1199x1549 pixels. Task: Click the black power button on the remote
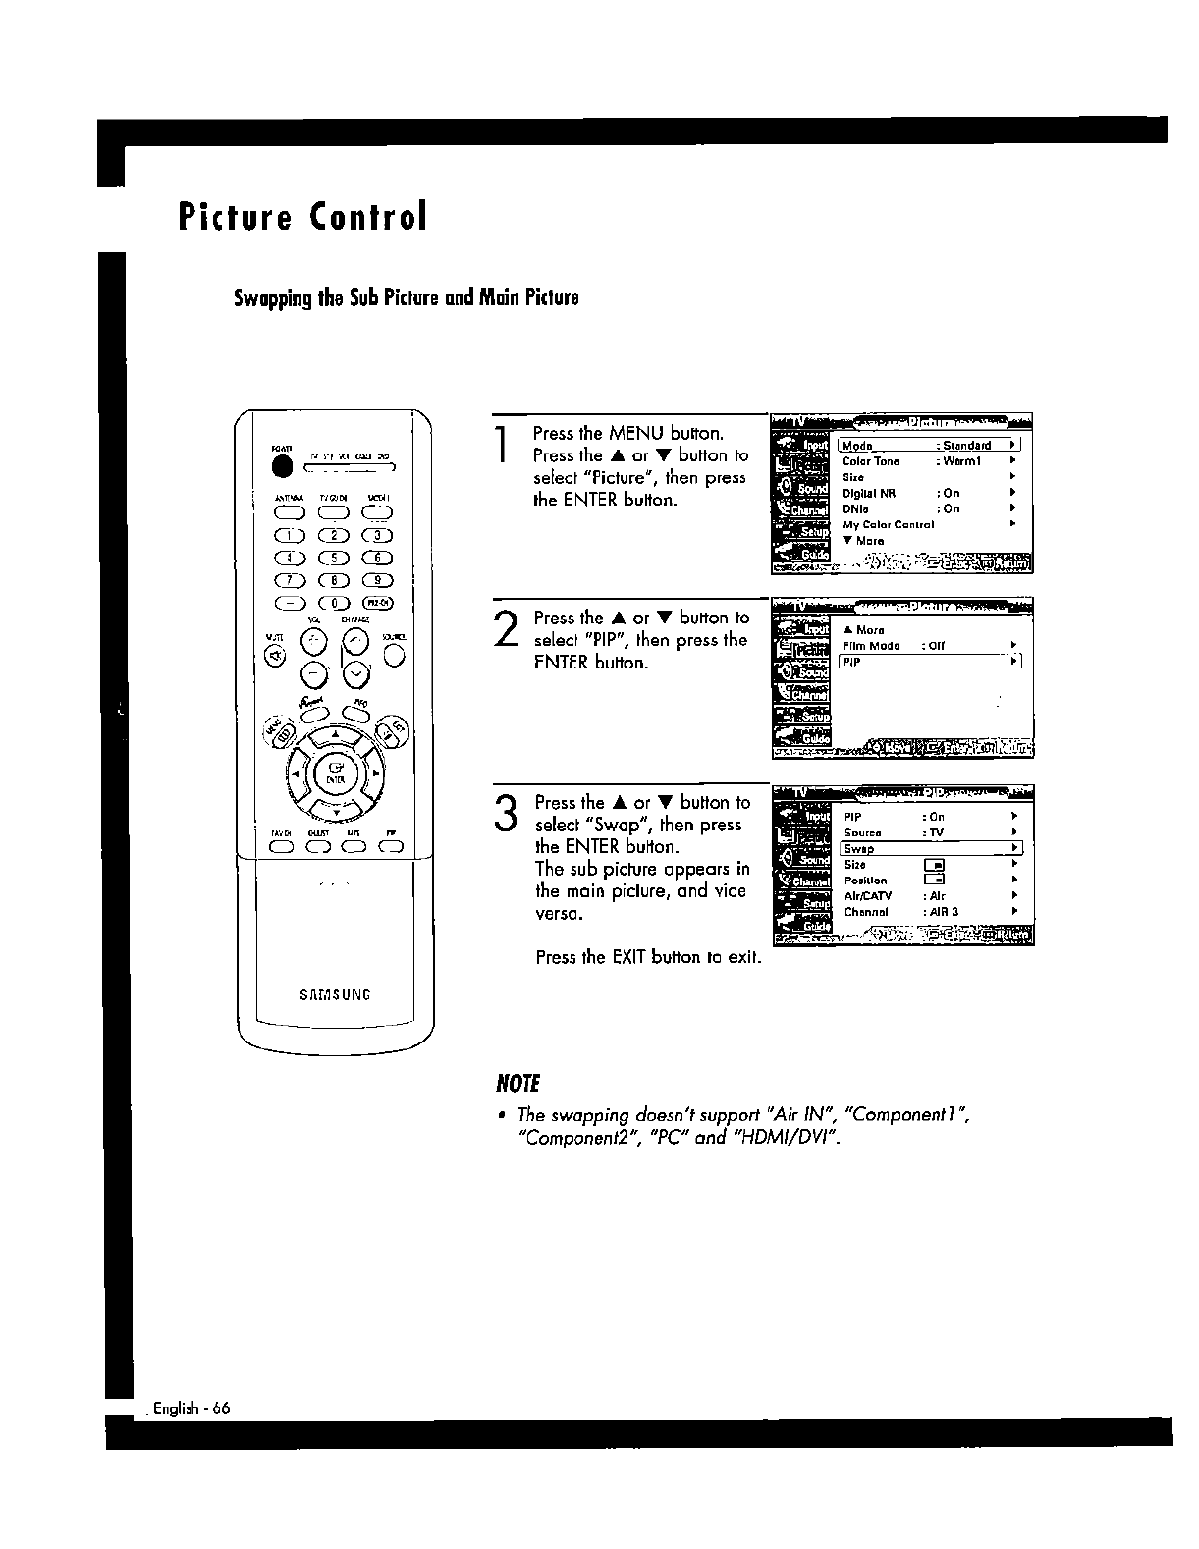coord(282,466)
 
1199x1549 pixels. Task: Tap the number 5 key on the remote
coord(335,558)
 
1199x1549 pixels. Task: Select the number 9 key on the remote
coord(378,580)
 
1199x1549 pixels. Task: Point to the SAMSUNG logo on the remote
coord(335,994)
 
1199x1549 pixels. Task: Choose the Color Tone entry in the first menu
coord(871,461)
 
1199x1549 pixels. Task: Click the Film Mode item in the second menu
coord(871,646)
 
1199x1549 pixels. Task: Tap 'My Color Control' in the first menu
coord(888,524)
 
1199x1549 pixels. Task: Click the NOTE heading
coord(519,1084)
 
